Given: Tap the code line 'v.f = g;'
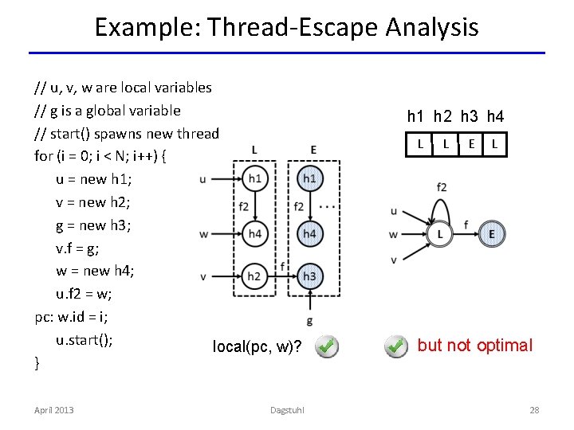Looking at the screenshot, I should (81, 248).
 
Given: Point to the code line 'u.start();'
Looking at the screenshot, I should (84, 340).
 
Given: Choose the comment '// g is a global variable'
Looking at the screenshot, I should (108, 110).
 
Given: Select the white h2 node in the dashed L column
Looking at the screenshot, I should (254, 276).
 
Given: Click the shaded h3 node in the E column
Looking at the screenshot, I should (309, 276).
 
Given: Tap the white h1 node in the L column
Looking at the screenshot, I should (254, 179).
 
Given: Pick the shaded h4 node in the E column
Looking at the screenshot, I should (309, 233).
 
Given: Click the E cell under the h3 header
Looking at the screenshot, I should (472, 144).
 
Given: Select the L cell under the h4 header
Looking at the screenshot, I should (495, 144).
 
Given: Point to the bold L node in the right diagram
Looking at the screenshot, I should (439, 234).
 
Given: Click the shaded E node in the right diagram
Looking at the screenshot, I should (491, 234).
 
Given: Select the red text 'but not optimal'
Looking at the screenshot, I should (474, 346).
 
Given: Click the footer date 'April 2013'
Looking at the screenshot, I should (53, 410).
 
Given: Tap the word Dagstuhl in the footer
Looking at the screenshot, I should (286, 410).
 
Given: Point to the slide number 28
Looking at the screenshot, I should (534, 410).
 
